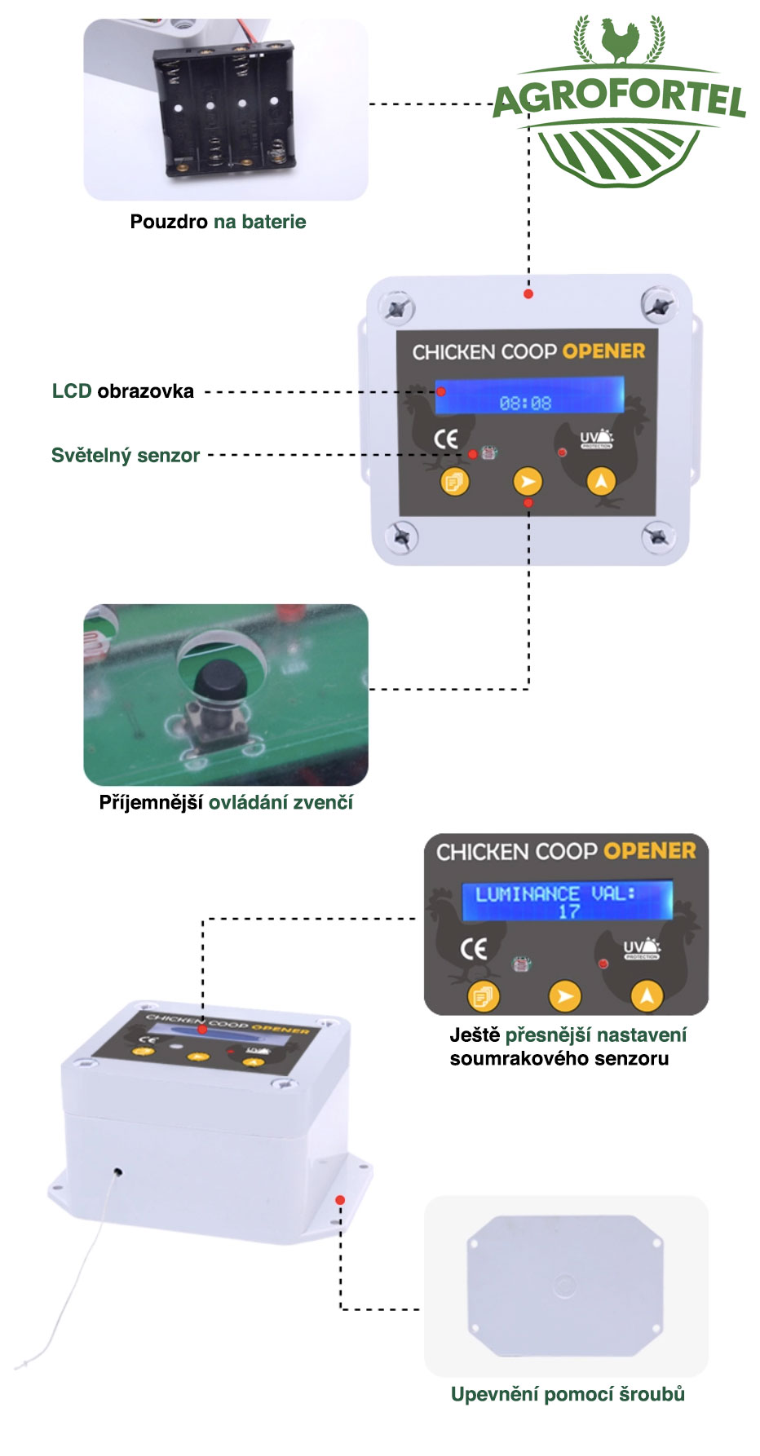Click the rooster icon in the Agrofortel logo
tap(619, 41)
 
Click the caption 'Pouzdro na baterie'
tap(218, 222)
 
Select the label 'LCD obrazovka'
tap(123, 391)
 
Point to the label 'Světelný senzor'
tap(126, 456)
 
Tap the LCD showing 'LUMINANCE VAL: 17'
tap(568, 901)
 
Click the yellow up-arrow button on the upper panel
tap(601, 482)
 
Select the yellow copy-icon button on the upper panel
tap(454, 482)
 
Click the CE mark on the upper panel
tap(445, 439)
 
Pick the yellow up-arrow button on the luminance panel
tap(647, 995)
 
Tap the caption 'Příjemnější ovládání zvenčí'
tap(226, 803)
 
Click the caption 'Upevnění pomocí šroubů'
tap(568, 1395)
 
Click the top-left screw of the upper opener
tap(397, 308)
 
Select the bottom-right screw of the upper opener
tap(658, 536)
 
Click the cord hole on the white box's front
tap(118, 1171)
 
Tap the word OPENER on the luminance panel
tap(650, 851)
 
